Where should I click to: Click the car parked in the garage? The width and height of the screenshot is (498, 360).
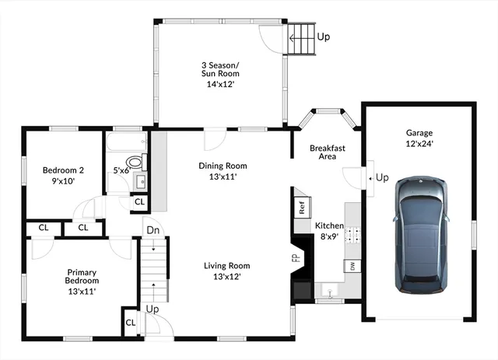(x=421, y=235)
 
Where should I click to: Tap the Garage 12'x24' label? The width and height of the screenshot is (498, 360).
(x=419, y=138)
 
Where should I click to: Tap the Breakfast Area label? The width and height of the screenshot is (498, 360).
(x=327, y=152)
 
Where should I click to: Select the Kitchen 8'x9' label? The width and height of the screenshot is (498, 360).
(x=328, y=231)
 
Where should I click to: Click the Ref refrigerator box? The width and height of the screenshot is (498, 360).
(x=301, y=208)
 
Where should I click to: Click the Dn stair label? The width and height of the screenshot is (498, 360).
(x=152, y=230)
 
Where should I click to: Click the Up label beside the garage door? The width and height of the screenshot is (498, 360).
(x=382, y=178)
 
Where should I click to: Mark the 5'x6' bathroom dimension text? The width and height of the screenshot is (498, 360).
(x=121, y=170)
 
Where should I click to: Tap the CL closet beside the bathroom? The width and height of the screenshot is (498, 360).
(x=139, y=201)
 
